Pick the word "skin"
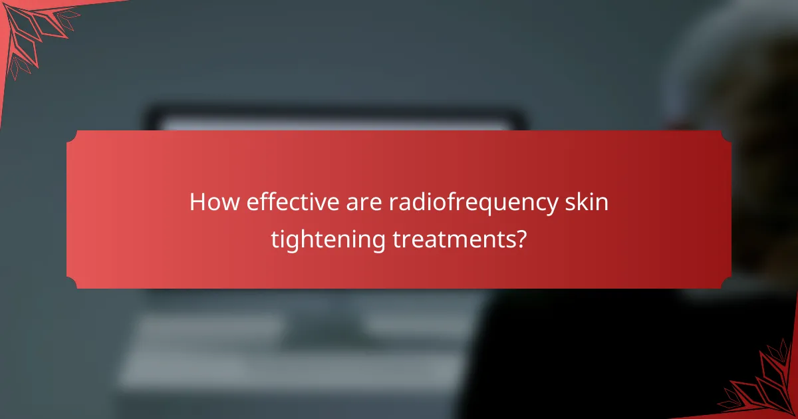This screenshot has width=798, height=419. point(588,202)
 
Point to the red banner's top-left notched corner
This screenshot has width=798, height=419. point(72,136)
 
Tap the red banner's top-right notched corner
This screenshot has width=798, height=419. point(726,136)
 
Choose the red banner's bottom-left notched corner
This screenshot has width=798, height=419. point(72,283)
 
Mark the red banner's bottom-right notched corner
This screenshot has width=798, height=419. point(726,283)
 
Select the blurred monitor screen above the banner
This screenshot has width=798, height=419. point(332,123)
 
